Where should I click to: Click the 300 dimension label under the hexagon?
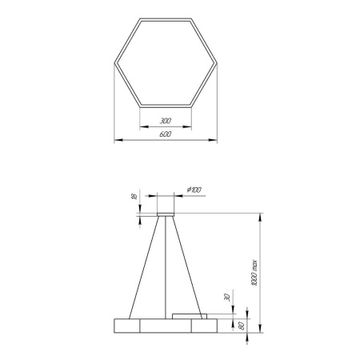click(166, 121)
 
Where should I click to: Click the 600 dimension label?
click(166, 135)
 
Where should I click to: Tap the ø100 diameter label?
click(194, 189)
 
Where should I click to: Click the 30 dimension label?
click(227, 298)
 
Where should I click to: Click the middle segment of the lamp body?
click(166, 325)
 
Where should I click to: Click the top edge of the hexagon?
click(166, 18)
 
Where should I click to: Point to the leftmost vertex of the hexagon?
click(114, 62)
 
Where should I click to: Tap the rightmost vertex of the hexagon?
click(218, 62)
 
